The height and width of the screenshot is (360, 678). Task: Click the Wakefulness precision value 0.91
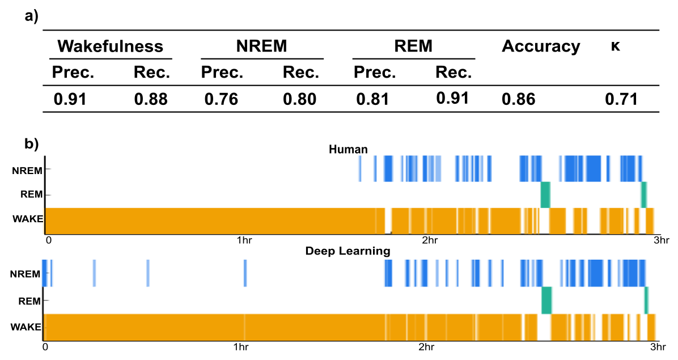[x=70, y=100]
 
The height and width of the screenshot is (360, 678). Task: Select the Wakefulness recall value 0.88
[x=151, y=100]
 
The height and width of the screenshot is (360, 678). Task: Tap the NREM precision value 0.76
[x=221, y=100]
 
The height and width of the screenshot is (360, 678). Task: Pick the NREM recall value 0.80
[x=300, y=100]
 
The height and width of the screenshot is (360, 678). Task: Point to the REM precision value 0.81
[x=372, y=100]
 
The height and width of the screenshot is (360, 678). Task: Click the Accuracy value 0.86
[x=518, y=100]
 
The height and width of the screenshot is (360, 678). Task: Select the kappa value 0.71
[x=621, y=100]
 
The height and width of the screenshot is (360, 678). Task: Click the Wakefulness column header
[x=111, y=46]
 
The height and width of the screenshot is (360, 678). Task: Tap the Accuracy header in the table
[x=541, y=46]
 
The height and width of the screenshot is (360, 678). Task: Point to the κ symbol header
[x=615, y=46]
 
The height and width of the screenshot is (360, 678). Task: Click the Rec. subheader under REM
[x=454, y=73]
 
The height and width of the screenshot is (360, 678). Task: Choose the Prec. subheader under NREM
[x=222, y=73]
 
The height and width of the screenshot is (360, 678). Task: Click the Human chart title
[x=348, y=150]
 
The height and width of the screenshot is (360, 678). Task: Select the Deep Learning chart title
[x=348, y=251]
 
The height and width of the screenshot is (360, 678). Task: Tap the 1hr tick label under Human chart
[x=244, y=240]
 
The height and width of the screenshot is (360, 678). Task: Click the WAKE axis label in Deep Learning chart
[x=26, y=327]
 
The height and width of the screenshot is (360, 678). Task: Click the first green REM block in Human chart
[x=545, y=194]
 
